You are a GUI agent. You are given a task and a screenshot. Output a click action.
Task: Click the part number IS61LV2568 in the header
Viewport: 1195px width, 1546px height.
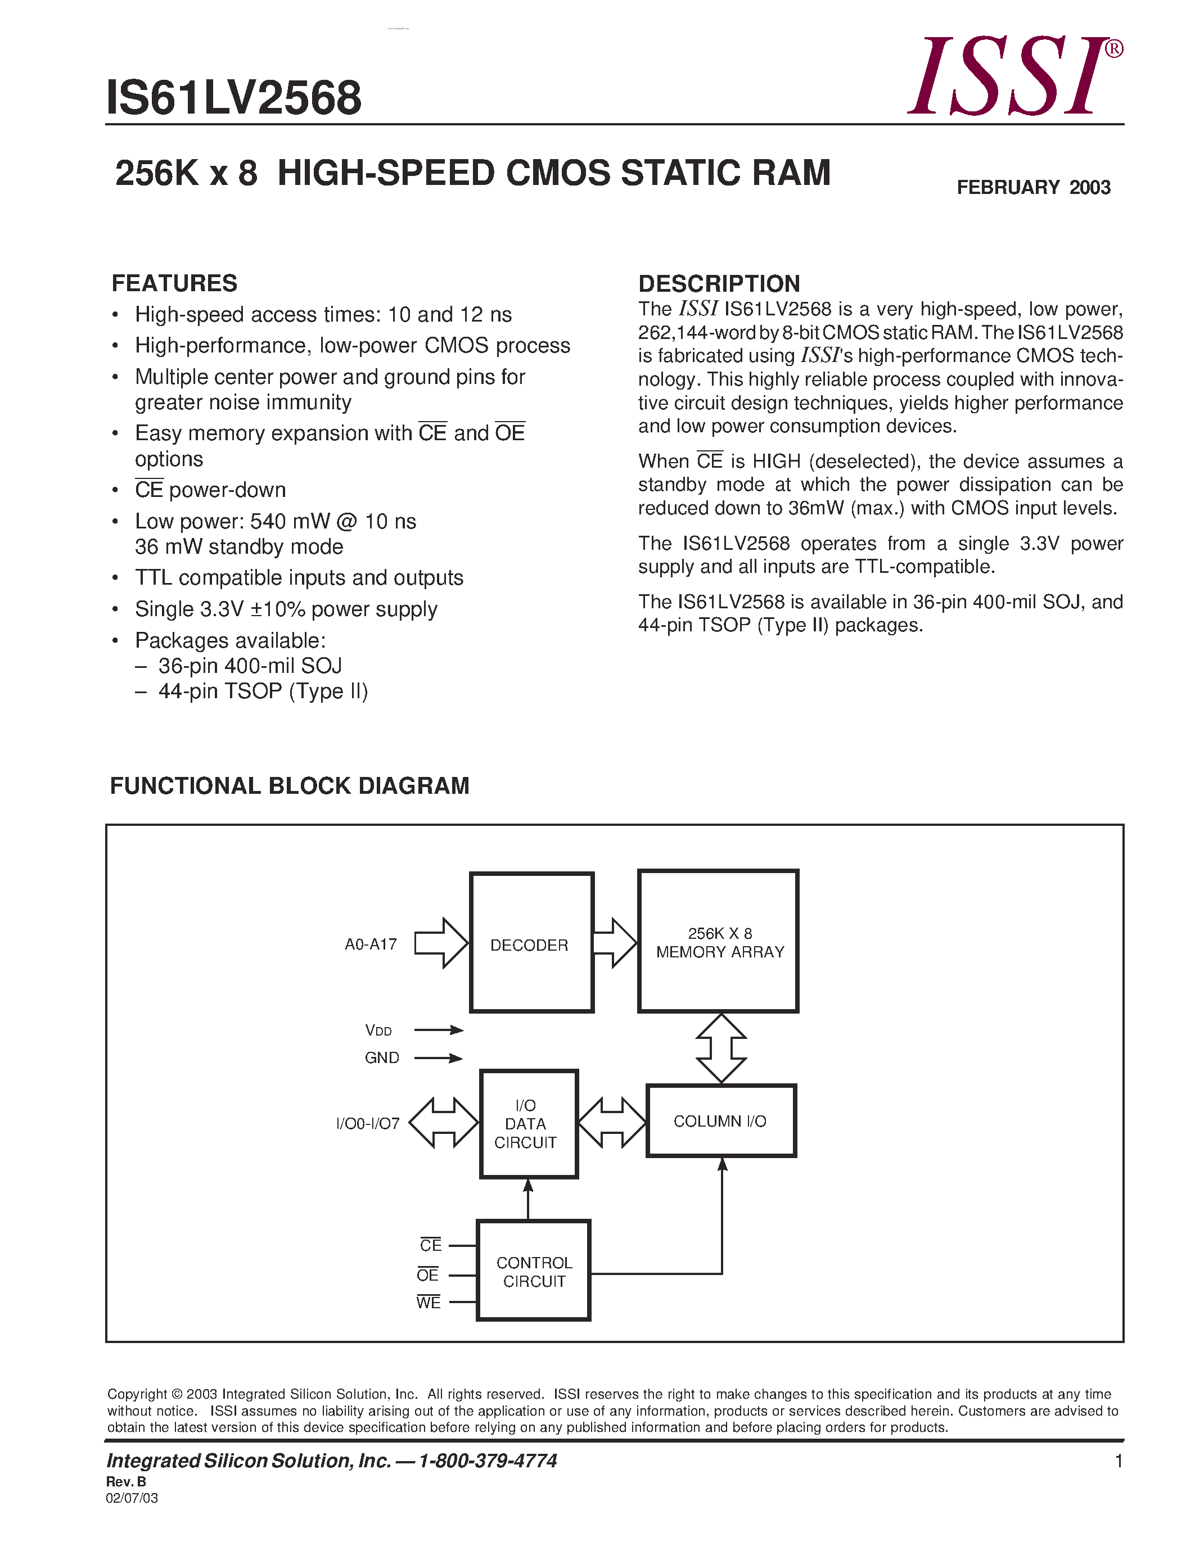point(233,98)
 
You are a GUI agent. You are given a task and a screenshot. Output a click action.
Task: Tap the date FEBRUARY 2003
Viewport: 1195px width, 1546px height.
point(1033,188)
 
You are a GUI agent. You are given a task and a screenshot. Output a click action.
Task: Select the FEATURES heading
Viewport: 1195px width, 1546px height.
point(174,283)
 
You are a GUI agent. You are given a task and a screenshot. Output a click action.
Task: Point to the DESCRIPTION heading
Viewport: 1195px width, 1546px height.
point(719,283)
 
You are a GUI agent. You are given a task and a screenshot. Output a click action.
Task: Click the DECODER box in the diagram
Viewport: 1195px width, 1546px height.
point(531,943)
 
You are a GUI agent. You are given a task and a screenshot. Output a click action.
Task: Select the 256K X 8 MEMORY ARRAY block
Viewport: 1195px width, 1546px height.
point(719,942)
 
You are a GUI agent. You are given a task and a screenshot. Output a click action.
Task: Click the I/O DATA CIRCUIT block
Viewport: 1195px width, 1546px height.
point(528,1124)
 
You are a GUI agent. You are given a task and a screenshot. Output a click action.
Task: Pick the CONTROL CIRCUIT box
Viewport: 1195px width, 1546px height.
point(534,1271)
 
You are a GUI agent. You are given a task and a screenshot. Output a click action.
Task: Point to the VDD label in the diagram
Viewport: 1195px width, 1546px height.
point(378,1030)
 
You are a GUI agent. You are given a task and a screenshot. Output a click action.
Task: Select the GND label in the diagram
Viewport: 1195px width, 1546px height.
point(382,1057)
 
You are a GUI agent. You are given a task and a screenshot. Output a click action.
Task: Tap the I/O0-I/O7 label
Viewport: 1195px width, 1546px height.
point(367,1123)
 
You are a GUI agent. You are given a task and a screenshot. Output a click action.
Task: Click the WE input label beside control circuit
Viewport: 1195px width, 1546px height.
point(429,1303)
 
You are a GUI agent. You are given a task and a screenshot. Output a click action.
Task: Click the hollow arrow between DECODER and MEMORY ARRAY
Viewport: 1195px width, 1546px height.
point(615,942)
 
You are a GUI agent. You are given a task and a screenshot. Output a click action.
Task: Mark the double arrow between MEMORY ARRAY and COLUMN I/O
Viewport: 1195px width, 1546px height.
point(721,1048)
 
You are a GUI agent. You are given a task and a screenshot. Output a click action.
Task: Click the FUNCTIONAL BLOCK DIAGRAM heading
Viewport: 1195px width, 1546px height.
point(290,786)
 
